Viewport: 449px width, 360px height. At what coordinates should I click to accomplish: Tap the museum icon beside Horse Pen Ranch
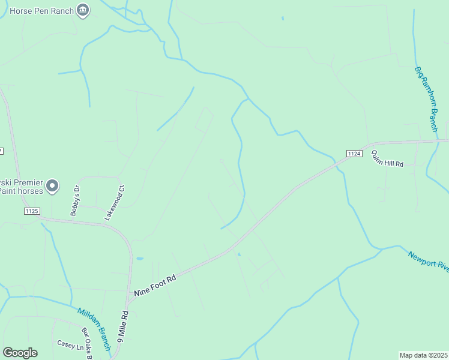pyautogui.click(x=83, y=10)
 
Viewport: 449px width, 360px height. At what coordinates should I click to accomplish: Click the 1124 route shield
pyautogui.click(x=355, y=154)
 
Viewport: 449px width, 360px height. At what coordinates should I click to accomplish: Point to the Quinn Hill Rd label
pyautogui.click(x=387, y=158)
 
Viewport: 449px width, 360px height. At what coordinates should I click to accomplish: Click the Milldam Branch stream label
pyautogui.click(x=94, y=329)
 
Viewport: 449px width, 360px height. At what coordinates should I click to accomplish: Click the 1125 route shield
pyautogui.click(x=32, y=211)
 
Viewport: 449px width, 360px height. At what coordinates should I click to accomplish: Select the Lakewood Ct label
pyautogui.click(x=114, y=202)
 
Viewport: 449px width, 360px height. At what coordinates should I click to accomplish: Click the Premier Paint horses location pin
pyautogui.click(x=52, y=186)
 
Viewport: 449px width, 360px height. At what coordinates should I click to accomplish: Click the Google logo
pyautogui.click(x=20, y=353)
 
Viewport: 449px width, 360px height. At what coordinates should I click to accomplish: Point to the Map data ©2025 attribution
pyautogui.click(x=423, y=355)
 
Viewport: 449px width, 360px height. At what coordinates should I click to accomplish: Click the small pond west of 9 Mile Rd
pyautogui.click(x=140, y=259)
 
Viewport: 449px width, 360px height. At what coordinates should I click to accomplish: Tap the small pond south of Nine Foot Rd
pyautogui.click(x=239, y=254)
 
